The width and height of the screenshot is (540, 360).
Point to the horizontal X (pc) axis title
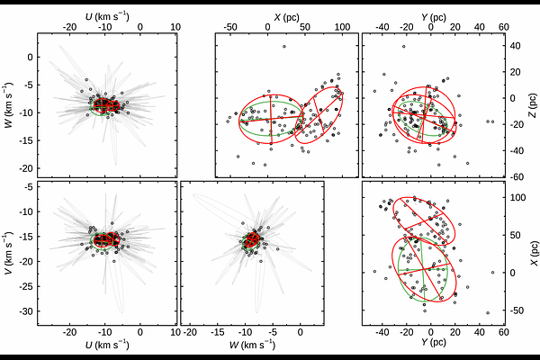click(x=286, y=16)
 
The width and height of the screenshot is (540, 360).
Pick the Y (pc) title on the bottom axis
click(x=430, y=346)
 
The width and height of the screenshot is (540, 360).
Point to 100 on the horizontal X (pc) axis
click(x=342, y=26)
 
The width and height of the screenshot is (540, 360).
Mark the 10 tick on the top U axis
click(x=175, y=26)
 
